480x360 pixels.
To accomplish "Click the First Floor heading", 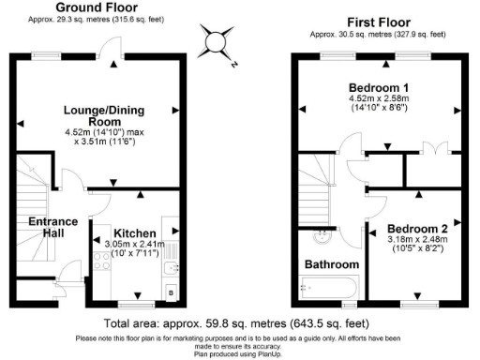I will (381, 21).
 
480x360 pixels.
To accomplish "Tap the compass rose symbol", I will (217, 42).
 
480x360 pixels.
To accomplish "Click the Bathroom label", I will (330, 264).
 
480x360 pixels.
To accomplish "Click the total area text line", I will (240, 318).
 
